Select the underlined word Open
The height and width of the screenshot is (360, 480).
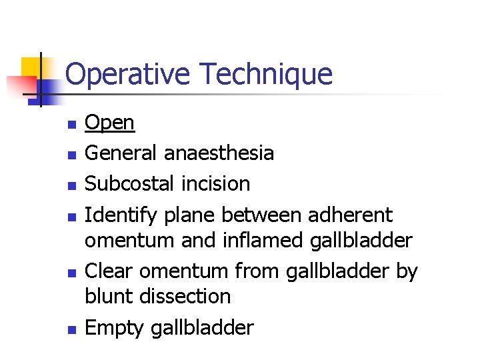pyautogui.click(x=110, y=123)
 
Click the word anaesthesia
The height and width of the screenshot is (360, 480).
pyautogui.click(x=219, y=153)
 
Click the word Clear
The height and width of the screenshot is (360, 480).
pyautogui.click(x=109, y=271)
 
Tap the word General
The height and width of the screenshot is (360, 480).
pyautogui.click(x=122, y=153)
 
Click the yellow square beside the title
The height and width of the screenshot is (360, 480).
pyautogui.click(x=31, y=67)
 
